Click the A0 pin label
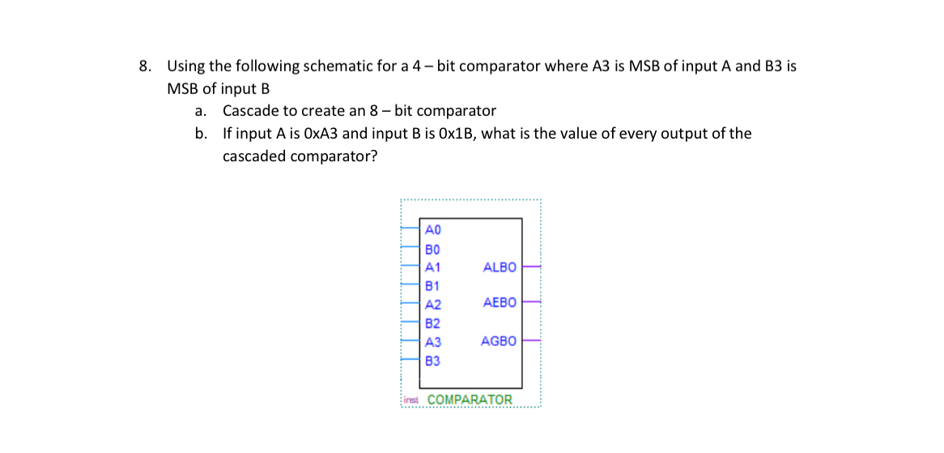pos(432,229)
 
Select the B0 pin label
pos(432,248)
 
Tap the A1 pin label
pos(432,267)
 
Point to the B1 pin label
pos(432,285)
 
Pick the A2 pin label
pos(432,305)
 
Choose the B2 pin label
pos(432,323)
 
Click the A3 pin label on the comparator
pos(432,342)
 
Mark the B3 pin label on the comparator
pos(432,361)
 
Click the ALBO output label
pos(499,267)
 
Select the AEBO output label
pos(499,302)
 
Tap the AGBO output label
pos(498,341)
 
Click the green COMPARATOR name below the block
pos(470,400)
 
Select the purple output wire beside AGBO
pos(531,340)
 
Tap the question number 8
pos(144,66)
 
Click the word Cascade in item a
pos(250,111)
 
